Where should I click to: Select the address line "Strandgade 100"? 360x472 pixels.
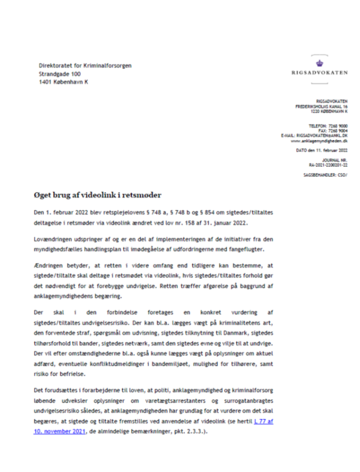[59, 74]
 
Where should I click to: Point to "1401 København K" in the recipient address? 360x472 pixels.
[63, 82]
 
